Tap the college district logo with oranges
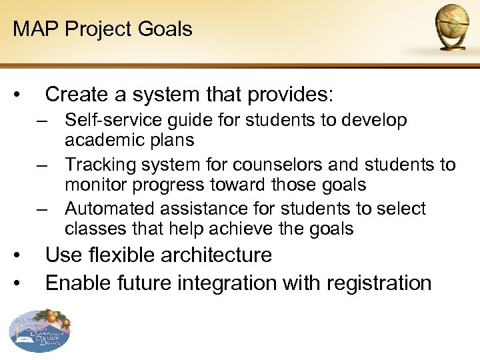(x=39, y=331)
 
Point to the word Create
(x=75, y=95)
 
